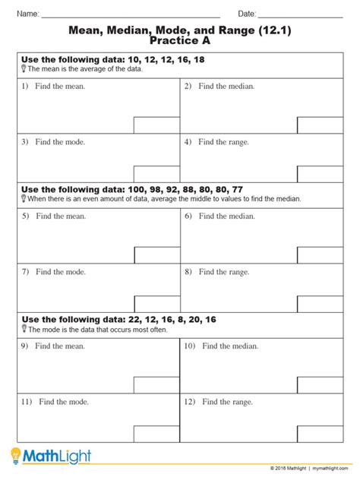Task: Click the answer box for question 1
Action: [156, 125]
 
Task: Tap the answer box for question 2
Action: [319, 125]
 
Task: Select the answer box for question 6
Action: [319, 254]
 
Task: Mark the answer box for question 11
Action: [156, 434]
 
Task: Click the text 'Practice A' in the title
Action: [180, 40]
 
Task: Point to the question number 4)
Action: [188, 141]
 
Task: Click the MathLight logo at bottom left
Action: [51, 456]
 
